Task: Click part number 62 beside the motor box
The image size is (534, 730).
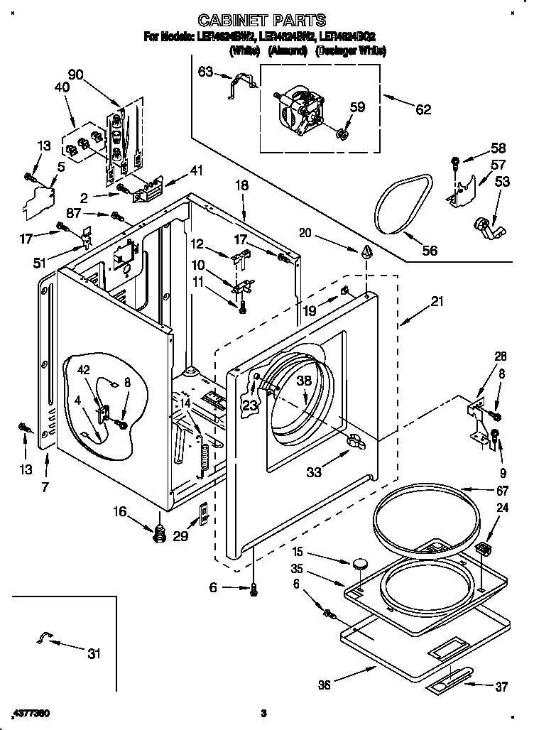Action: tap(423, 109)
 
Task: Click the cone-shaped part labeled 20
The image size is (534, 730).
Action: tap(367, 253)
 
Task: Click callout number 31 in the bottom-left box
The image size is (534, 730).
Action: tap(93, 654)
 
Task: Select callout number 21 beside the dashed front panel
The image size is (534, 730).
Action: tap(437, 302)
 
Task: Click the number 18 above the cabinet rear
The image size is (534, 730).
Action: tap(242, 184)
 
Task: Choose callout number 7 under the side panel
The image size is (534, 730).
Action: tap(45, 488)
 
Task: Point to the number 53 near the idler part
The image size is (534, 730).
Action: tap(502, 182)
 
